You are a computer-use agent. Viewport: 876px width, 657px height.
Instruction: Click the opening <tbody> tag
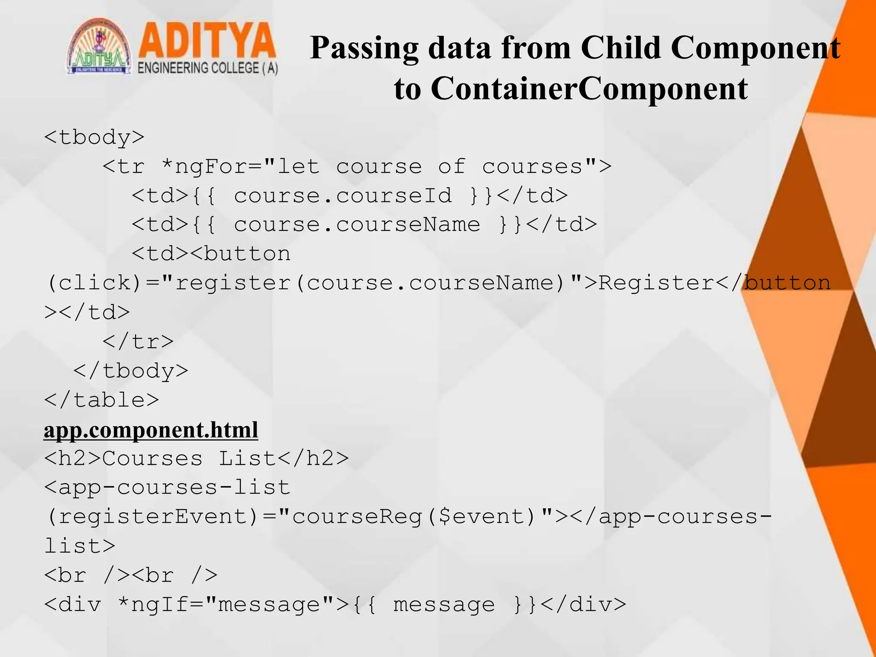(95, 137)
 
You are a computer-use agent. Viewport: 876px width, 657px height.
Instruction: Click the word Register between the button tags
(656, 283)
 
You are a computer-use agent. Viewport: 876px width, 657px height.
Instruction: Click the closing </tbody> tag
(131, 371)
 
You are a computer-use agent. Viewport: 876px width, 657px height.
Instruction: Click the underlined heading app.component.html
(151, 430)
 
